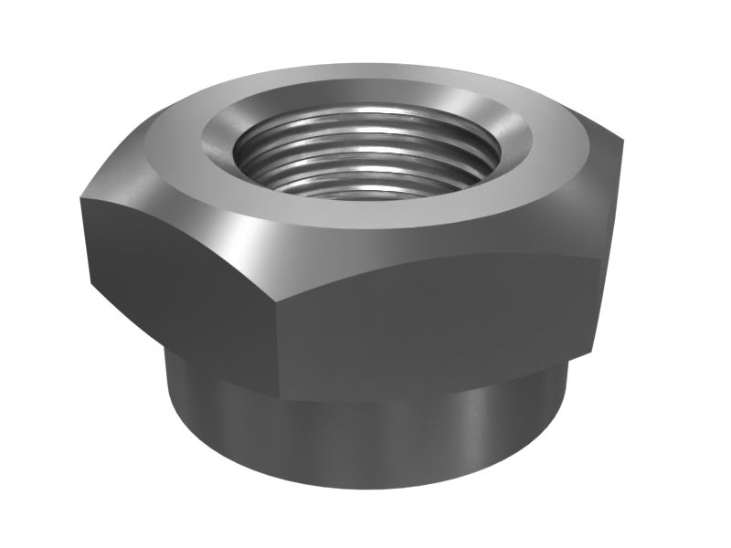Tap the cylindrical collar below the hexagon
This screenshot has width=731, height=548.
click(x=365, y=438)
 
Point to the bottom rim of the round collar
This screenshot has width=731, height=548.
click(x=365, y=484)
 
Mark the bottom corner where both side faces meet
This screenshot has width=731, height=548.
click(x=280, y=403)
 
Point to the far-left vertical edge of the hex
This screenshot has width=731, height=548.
click(x=85, y=237)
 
